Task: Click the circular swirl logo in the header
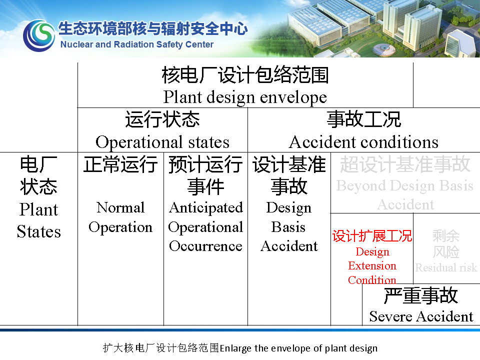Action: point(39,35)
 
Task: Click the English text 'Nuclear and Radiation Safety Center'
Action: point(137,44)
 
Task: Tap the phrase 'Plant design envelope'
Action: point(245,97)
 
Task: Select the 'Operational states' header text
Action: point(162,142)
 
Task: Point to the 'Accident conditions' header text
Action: point(363,142)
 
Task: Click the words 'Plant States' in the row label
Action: point(39,220)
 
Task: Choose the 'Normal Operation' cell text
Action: point(120,217)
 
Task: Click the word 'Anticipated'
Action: point(206,208)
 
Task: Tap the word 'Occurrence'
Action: point(205,246)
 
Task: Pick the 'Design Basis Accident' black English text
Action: point(289,226)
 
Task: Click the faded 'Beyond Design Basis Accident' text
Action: point(405,195)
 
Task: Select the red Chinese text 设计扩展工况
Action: point(372,236)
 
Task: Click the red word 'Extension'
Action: point(372,265)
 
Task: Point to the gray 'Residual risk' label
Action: point(446,268)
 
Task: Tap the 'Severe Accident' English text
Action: point(421,316)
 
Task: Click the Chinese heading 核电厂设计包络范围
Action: point(245,75)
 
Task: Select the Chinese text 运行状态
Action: point(162,119)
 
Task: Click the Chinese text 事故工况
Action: point(364,119)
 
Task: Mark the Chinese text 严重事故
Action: point(421,295)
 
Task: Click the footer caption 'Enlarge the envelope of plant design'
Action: point(298,348)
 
